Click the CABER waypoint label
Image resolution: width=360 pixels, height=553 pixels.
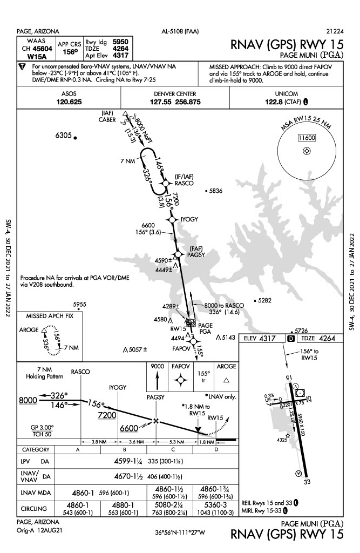pyautogui.click(x=107, y=120)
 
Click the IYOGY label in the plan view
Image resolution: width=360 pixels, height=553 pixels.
pyautogui.click(x=190, y=219)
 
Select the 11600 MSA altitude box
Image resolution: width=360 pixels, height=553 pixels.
pyautogui.click(x=306, y=138)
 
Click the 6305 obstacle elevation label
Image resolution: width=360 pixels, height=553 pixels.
pyautogui.click(x=64, y=136)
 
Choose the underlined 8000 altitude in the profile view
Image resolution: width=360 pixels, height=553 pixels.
pyautogui.click(x=27, y=400)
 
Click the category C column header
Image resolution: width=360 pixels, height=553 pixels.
pyautogui.click(x=173, y=449)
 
